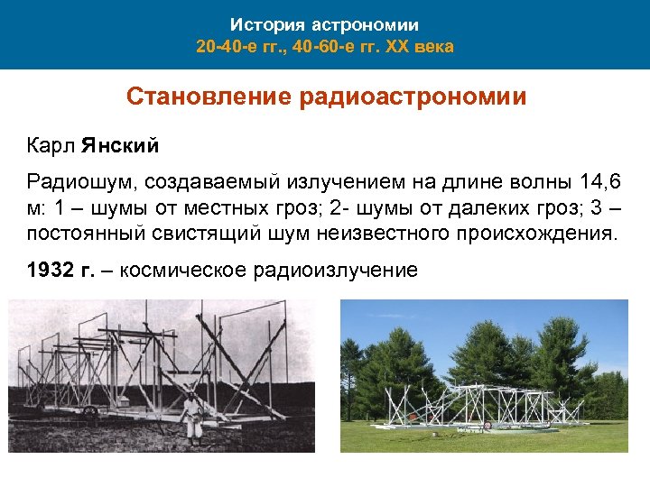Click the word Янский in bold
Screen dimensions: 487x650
pos(120,145)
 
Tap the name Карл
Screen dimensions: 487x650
pos(50,145)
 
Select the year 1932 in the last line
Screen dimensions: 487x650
pos(47,270)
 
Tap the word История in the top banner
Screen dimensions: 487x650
pos(265,25)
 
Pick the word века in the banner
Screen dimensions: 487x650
pos(436,45)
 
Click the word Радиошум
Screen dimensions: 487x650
pos(75,183)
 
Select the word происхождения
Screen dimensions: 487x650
pos(526,235)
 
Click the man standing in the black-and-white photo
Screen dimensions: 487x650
pos(190,417)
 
